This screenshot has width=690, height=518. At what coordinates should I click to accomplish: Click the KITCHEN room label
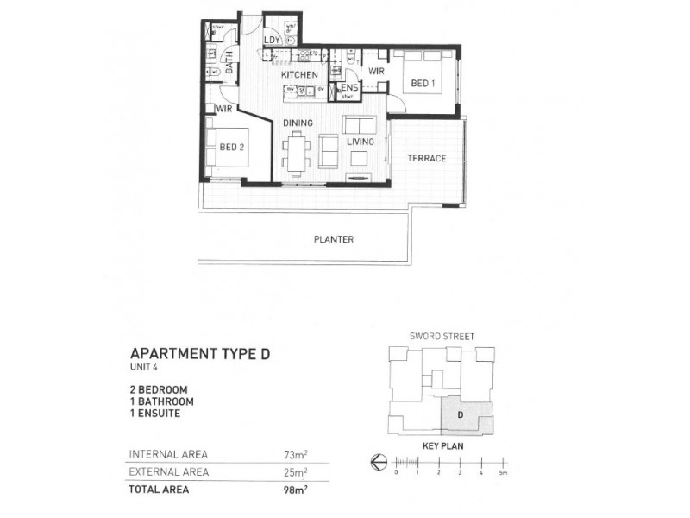[x=299, y=75]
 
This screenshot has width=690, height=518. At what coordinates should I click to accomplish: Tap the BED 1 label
[x=422, y=83]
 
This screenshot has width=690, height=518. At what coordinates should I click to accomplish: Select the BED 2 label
[x=232, y=148]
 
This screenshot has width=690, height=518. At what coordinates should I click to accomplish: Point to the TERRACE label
[x=426, y=159]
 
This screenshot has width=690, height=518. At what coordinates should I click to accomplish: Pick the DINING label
[x=298, y=123]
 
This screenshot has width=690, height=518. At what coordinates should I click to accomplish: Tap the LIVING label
[x=360, y=142]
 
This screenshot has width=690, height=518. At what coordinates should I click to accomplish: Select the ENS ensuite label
[x=348, y=88]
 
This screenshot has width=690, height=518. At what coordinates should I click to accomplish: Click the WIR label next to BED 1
[x=376, y=72]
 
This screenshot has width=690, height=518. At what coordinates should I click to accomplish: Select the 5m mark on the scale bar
[x=501, y=473]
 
